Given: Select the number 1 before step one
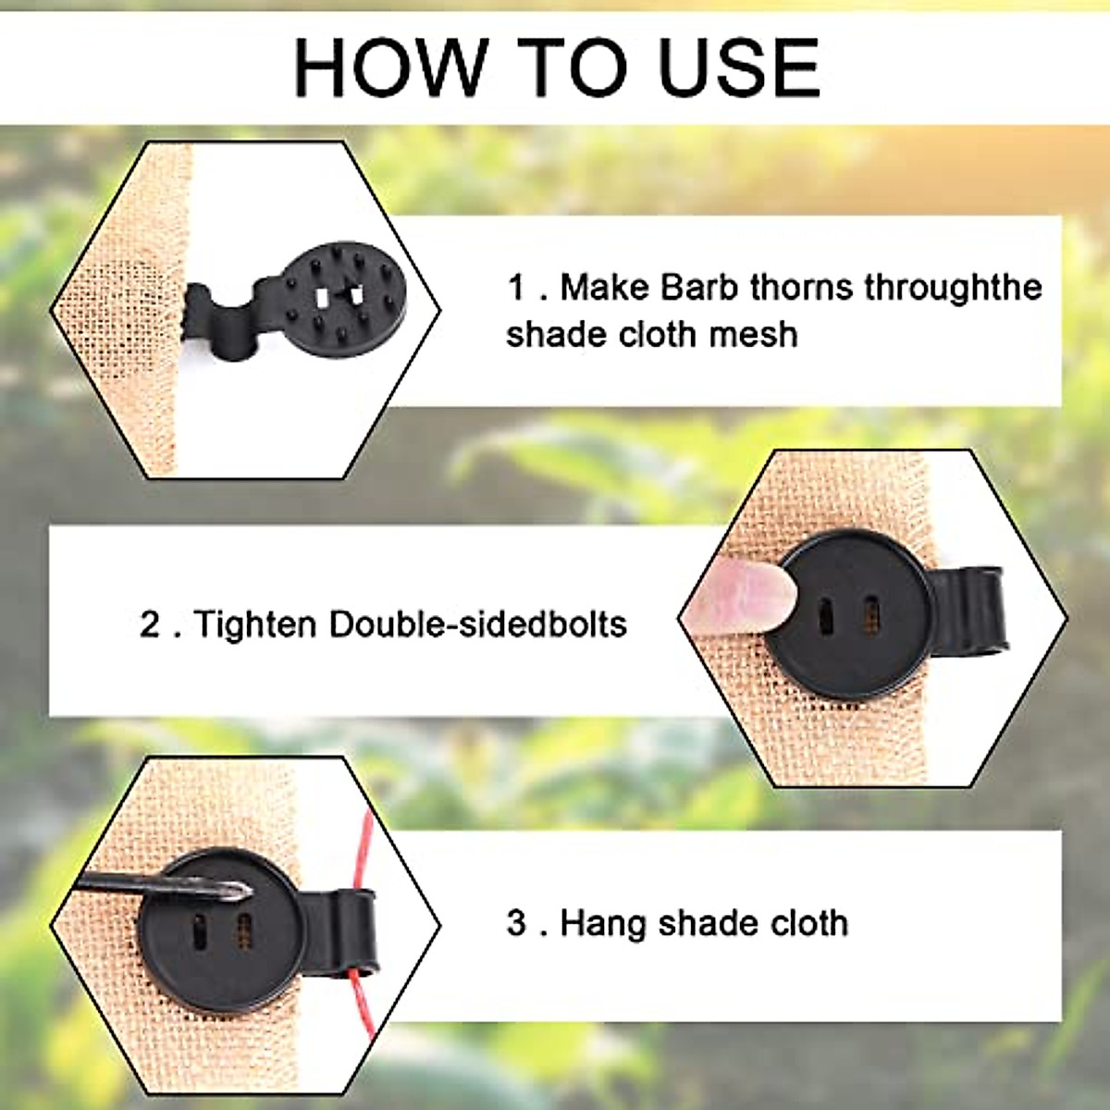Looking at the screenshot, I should tap(516, 288).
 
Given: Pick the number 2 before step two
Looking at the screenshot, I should tap(150, 625).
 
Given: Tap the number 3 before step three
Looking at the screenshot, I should tap(516, 923).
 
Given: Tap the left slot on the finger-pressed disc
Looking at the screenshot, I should tap(824, 616).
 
